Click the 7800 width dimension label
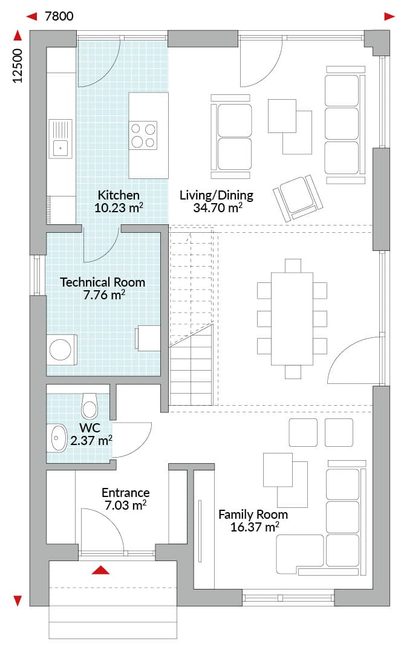[x=59, y=16]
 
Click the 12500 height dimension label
[x=18, y=66]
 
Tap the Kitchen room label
[x=119, y=195]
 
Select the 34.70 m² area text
[x=218, y=207]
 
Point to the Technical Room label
[x=103, y=282]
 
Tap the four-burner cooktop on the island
[x=143, y=135]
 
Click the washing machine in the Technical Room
[x=61, y=349]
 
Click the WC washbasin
[x=58, y=438]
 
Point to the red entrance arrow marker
[x=100, y=570]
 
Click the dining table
[x=292, y=319]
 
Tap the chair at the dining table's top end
[x=293, y=265]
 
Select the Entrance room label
[x=126, y=493]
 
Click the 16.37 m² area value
[x=255, y=527]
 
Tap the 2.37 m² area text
[x=91, y=440]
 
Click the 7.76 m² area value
[x=105, y=295]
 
